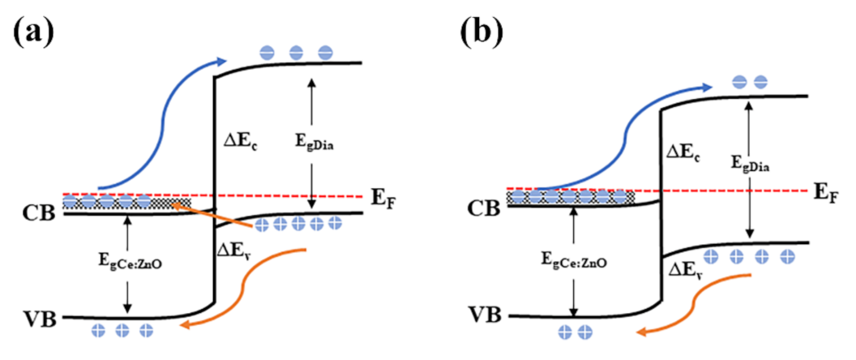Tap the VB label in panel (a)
pos(38,318)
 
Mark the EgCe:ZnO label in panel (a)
pos(126,264)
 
